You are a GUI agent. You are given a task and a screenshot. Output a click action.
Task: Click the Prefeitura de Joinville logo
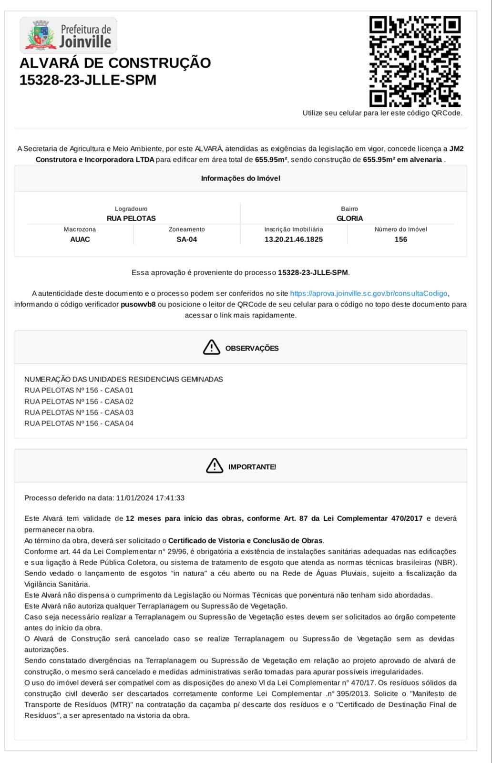(68, 35)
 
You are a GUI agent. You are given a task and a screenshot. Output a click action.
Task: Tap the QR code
(415, 61)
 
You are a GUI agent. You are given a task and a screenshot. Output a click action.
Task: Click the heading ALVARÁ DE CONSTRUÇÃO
(115, 63)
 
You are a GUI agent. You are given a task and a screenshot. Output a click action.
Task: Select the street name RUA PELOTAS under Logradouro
(131, 218)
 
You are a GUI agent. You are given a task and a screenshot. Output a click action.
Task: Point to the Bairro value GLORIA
(349, 218)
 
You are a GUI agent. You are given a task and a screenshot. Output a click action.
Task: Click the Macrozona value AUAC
(80, 239)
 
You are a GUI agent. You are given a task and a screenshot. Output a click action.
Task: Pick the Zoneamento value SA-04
(186, 239)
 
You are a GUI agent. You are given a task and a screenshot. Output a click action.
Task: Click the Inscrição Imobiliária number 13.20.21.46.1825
(293, 239)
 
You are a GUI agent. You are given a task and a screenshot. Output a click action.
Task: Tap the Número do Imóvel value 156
(400, 239)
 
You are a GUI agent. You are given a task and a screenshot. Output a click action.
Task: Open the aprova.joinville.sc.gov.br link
(369, 293)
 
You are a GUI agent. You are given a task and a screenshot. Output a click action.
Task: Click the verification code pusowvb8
(138, 304)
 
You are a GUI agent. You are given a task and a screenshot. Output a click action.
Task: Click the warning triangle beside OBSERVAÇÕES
(211, 347)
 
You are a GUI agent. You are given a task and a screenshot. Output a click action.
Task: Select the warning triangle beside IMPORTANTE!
(215, 465)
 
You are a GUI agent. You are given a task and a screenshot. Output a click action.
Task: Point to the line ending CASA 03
(79, 412)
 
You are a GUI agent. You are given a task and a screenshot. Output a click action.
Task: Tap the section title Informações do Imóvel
(240, 178)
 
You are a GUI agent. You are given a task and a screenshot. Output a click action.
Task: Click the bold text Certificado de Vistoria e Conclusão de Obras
(246, 541)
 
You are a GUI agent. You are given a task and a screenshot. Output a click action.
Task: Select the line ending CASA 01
(79, 391)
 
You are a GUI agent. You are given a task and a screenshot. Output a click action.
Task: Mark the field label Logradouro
(131, 209)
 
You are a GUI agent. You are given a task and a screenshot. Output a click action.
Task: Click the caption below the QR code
(382, 113)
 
